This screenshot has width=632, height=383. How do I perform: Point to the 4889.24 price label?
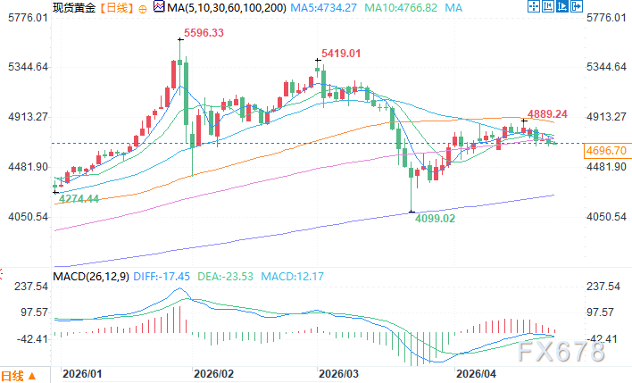click(548, 114)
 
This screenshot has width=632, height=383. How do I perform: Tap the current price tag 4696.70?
click(606, 151)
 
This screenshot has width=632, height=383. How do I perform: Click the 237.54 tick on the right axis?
click(604, 287)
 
